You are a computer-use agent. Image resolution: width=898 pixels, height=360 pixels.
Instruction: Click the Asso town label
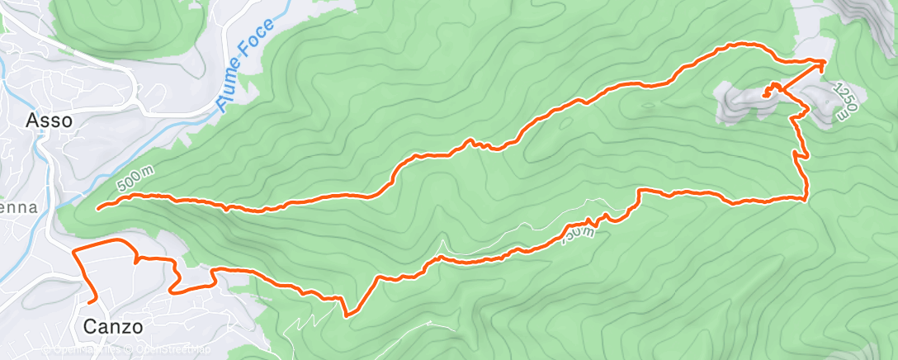point(50,121)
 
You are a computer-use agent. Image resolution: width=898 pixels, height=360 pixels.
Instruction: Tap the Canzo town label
point(113,327)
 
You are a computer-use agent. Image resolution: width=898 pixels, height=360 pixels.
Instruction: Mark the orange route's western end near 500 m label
point(98,209)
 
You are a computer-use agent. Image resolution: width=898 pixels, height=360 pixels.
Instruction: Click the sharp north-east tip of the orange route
point(825,60)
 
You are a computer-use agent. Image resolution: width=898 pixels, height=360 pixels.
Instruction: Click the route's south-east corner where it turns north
point(806,197)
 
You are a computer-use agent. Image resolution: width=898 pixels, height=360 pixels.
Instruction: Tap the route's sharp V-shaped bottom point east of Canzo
point(347,315)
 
